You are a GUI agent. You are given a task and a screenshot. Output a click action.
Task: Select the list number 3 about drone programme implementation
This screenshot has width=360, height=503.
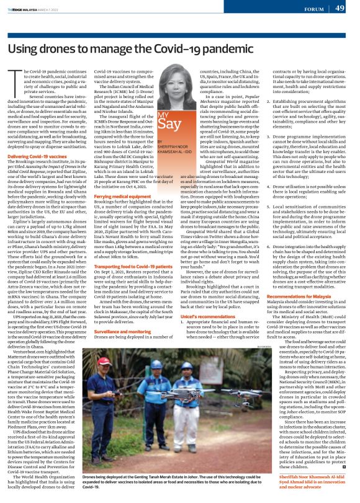point(267,140)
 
